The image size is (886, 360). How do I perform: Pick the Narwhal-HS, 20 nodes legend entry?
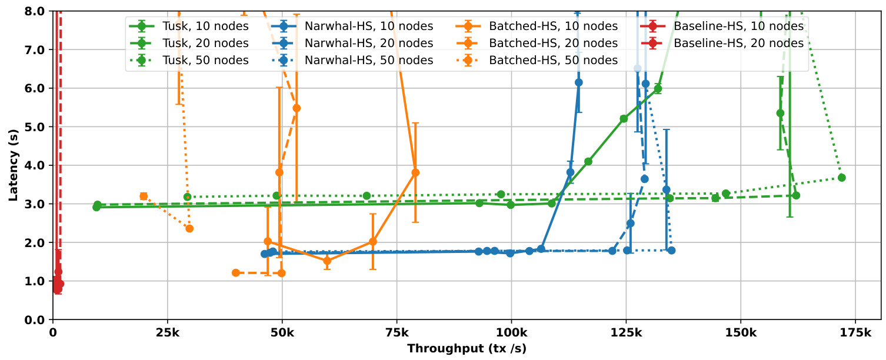tap(369, 43)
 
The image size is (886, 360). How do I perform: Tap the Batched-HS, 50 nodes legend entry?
tap(553, 60)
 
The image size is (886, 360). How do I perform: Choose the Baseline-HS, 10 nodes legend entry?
tap(738, 26)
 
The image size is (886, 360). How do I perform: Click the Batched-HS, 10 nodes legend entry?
tap(553, 26)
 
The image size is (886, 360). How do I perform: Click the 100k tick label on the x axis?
tap(511, 332)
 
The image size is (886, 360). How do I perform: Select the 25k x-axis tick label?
tap(168, 332)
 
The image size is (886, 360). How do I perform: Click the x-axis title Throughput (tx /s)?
tap(467, 348)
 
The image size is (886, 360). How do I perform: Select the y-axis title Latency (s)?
tap(12, 166)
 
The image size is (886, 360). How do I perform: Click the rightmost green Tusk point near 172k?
tap(842, 178)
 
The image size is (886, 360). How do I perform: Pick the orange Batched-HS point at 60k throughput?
tap(328, 261)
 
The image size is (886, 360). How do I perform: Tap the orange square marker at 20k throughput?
tap(144, 196)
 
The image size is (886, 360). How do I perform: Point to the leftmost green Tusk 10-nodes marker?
tap(96, 207)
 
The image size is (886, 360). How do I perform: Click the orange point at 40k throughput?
tap(236, 273)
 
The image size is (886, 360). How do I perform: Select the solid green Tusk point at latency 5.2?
tap(624, 119)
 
